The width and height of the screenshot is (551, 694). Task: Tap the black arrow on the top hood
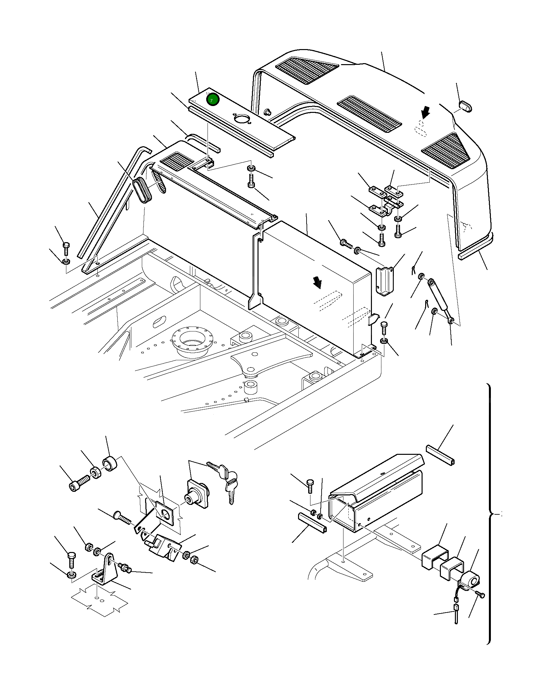click(x=425, y=113)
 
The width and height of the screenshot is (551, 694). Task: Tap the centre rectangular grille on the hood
click(x=369, y=114)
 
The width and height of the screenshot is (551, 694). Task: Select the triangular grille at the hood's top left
click(x=307, y=69)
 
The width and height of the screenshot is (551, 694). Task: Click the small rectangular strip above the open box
click(x=440, y=454)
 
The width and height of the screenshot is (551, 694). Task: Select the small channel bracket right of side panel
click(x=385, y=281)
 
